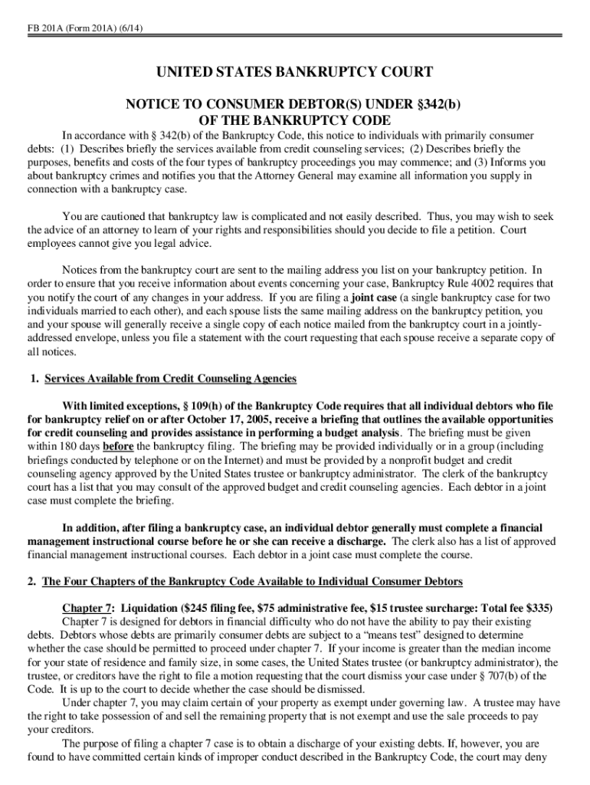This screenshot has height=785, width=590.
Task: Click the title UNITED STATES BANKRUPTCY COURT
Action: tap(295, 73)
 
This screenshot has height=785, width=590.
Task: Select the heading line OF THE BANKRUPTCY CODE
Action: tap(295, 120)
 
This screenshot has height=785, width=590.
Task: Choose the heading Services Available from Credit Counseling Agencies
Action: tap(170, 379)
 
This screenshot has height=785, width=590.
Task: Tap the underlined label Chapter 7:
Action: tap(88, 608)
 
